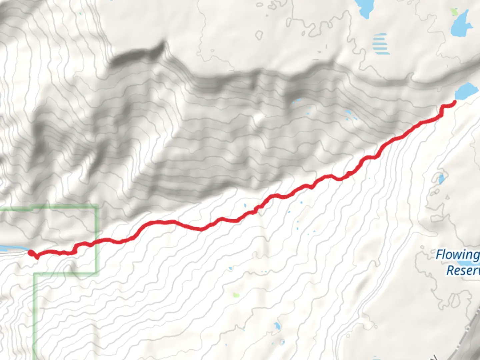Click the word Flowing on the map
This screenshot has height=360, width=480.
click(458, 255)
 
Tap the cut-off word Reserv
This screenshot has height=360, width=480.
click(463, 270)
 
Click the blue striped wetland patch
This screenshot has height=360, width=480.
click(381, 44)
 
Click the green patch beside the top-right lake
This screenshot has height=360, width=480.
click(454, 12)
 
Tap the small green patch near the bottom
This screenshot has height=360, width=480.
click(236, 295)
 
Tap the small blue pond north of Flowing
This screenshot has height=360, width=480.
click(441, 179)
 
